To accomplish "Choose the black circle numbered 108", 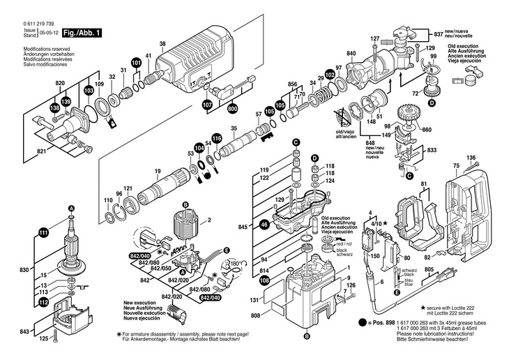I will [x=264, y=280].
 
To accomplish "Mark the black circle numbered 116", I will [x=216, y=139].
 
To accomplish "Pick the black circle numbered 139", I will [x=65, y=103].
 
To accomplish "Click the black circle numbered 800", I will [x=231, y=109].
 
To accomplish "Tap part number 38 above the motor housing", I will [x=162, y=44].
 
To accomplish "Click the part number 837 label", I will [x=438, y=33].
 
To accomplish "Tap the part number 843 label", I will [x=24, y=331].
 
